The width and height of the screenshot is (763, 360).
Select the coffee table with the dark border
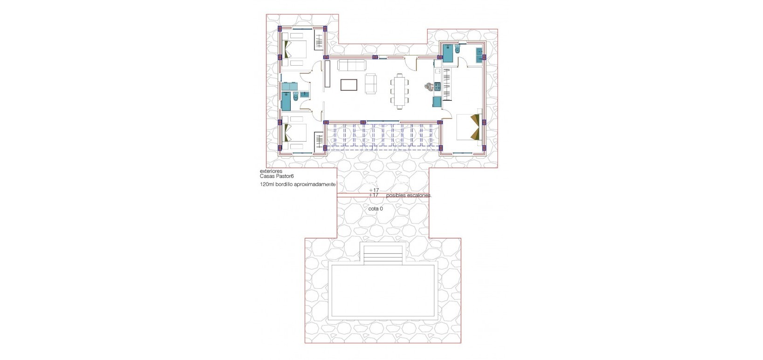(349, 84)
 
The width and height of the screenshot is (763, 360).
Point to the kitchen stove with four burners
(437, 86)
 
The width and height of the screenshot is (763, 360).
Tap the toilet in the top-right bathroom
(457, 49)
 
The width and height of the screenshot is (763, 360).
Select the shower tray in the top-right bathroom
(448, 52)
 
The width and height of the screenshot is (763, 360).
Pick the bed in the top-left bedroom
(295, 51)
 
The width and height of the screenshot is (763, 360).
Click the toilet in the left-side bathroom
(295, 97)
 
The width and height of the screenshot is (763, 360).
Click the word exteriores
(271, 171)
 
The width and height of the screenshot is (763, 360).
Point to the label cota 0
(375, 209)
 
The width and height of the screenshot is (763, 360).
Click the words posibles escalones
(409, 196)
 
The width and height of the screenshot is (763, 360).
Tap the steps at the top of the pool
(383, 254)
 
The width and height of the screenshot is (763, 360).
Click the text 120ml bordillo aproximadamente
(298, 185)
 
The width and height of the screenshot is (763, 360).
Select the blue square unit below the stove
(437, 102)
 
